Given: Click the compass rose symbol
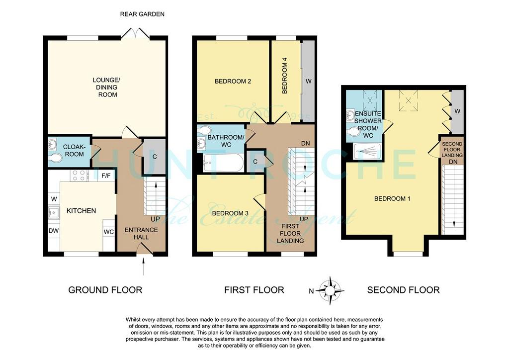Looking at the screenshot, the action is tap(330, 290).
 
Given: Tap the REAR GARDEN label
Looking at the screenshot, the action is tap(142, 14).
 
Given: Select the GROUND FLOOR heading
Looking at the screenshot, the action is tap(105, 290).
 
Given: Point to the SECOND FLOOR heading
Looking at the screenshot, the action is tap(403, 290).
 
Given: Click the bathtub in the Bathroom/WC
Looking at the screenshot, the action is tap(223, 163).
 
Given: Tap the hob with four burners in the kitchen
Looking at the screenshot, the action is tap(79, 176).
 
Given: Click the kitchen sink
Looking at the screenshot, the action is tap(54, 212).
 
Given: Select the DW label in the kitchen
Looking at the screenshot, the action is tap(54, 231).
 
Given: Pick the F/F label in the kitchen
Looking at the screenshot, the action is tap(106, 176).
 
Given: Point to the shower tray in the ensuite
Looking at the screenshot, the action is tap(367, 151).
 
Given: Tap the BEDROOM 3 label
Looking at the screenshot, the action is tap(230, 213).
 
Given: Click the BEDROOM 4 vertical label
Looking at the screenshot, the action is tap(285, 78).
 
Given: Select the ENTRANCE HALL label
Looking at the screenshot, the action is tap(141, 233).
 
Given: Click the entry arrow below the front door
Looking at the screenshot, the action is tap(144, 267).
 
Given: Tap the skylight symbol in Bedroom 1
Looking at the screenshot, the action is tap(408, 98).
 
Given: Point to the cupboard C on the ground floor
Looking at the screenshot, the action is tap(155, 157).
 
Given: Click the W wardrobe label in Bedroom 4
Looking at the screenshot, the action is tap(308, 81).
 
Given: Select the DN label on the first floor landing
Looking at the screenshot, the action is tap(306, 143).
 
